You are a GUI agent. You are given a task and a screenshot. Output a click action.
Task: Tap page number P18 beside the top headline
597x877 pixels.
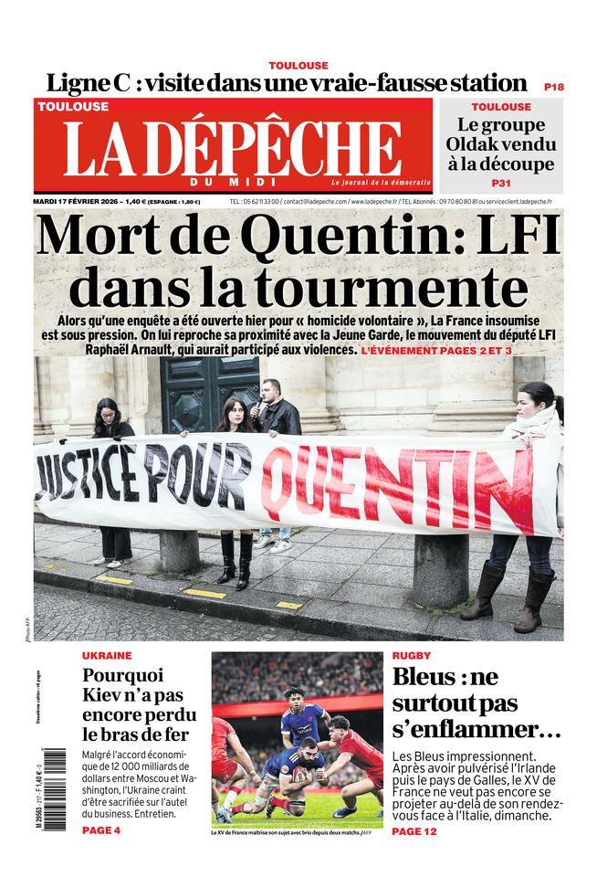[x=553, y=86]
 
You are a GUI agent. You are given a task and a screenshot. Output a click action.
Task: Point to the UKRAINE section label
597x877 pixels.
[x=107, y=656]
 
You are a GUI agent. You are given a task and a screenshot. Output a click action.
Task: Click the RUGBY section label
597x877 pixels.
[x=412, y=656]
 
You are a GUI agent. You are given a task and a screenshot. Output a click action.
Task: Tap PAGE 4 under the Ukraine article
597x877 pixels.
[x=100, y=830]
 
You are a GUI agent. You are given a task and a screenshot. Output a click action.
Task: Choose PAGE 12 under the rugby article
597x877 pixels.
[x=414, y=830]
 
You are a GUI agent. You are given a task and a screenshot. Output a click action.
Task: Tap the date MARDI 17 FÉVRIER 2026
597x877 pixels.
[x=77, y=201]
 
